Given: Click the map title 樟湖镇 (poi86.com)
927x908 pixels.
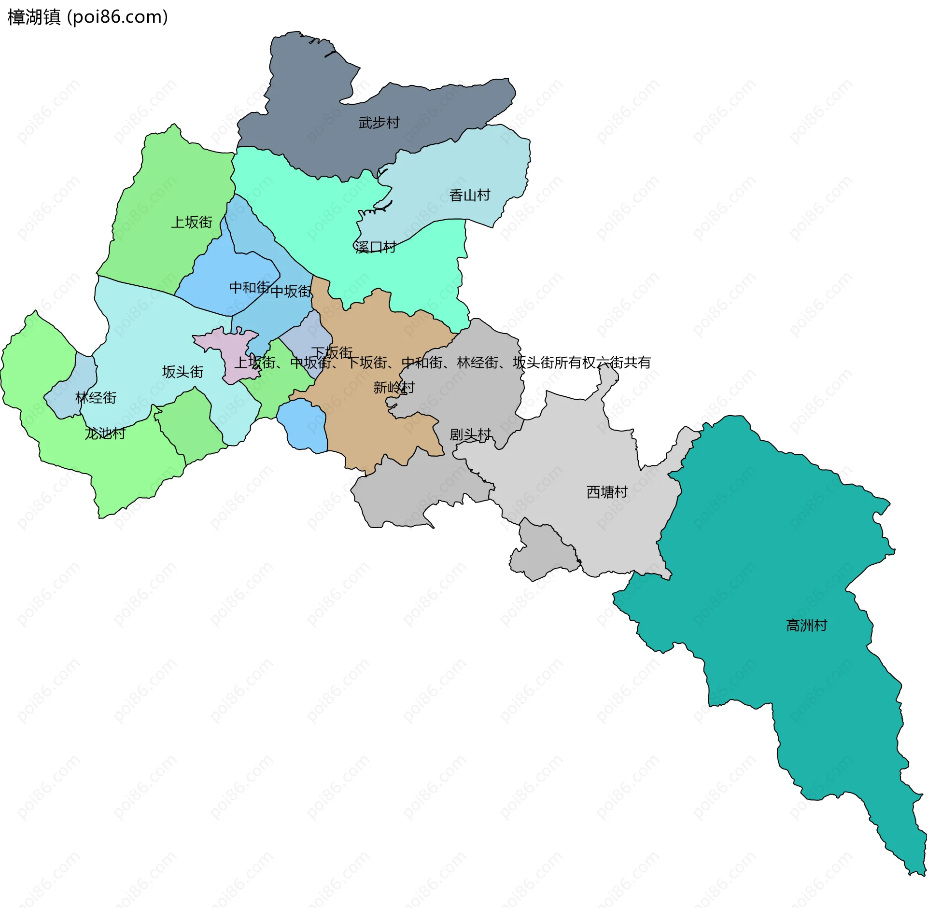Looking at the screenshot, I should (88, 17).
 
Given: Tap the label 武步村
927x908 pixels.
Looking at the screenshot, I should (379, 123).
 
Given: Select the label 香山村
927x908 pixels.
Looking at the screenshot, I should (469, 195).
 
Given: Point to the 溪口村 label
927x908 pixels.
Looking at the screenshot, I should (375, 247).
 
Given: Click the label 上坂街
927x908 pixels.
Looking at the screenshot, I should (192, 222).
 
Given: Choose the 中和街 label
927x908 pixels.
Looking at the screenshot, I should (249, 287).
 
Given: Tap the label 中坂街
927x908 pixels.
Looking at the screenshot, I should (291, 291).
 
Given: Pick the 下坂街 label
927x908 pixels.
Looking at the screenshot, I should (332, 352).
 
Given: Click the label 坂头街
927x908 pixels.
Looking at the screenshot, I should (183, 372).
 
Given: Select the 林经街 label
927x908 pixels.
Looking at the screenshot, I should (96, 398).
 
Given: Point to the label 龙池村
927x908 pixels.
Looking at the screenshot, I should (105, 433).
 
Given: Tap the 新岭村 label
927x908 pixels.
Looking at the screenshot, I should (393, 387).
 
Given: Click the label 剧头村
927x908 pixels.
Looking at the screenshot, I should (470, 434).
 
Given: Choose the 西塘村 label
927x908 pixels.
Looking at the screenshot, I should (607, 492).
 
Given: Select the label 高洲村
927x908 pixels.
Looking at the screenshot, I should (806, 626).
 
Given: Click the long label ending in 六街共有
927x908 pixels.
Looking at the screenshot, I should (442, 363).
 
